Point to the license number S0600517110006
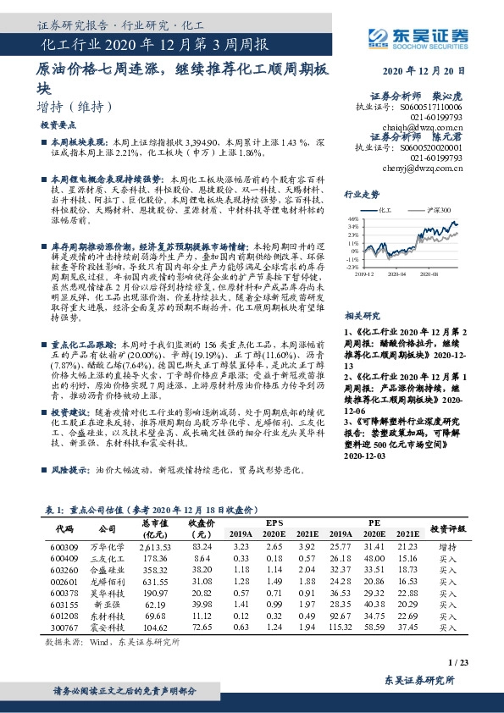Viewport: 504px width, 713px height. [432, 108]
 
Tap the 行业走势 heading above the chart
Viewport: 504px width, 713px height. [361, 193]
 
